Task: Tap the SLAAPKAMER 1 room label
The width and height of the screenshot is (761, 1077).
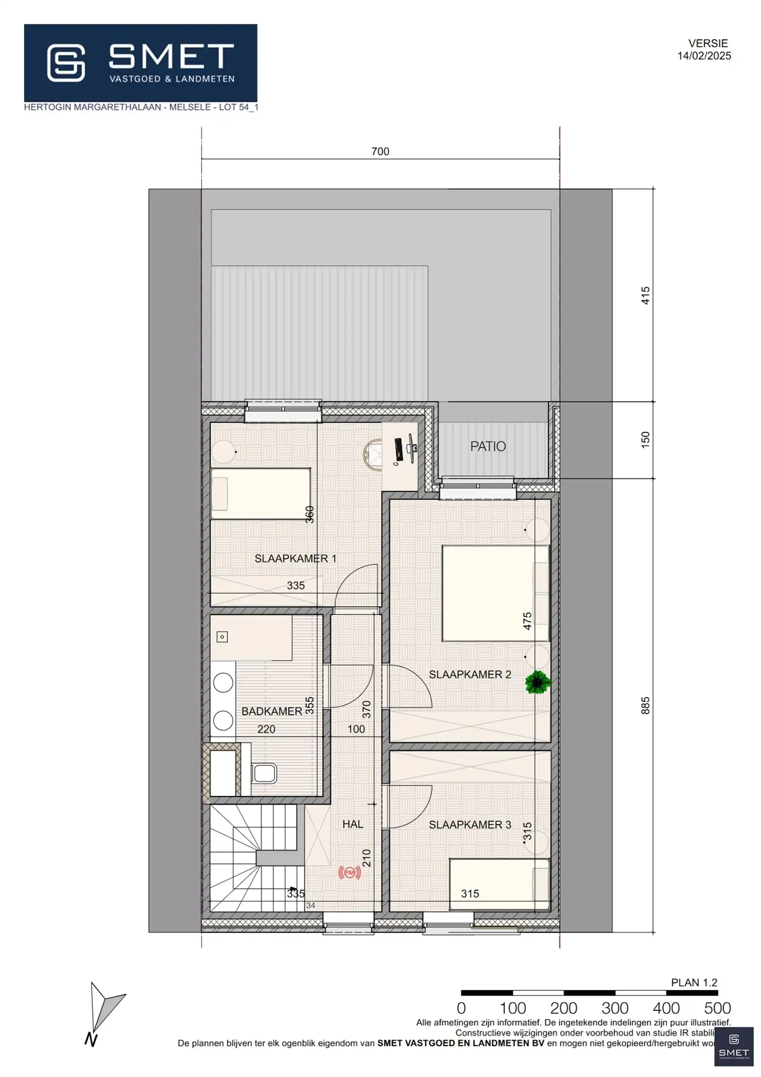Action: [295, 558]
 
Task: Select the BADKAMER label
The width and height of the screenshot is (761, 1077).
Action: [271, 711]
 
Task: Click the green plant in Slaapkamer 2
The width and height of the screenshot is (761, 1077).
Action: [538, 682]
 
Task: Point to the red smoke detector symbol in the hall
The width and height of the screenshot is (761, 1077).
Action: [349, 873]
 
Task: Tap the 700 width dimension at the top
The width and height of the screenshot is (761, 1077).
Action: [380, 151]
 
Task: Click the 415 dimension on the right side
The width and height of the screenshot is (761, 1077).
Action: [645, 296]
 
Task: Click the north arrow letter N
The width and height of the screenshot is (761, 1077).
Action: [90, 1040]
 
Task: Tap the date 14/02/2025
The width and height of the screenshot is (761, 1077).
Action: [704, 56]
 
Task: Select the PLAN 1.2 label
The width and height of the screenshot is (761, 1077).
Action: [694, 982]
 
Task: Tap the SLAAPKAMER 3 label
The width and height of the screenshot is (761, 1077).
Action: [469, 824]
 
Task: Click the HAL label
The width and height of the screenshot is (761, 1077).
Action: [353, 824]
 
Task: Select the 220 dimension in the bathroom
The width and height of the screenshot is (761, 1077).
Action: [266, 729]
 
